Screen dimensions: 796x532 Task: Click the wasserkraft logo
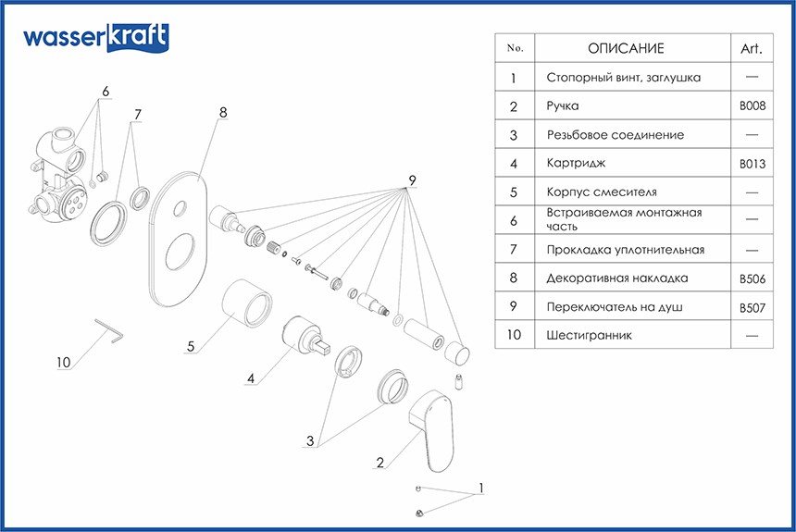coord(96,38)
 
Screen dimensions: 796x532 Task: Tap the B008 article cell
coord(752,106)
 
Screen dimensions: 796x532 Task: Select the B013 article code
coord(752,164)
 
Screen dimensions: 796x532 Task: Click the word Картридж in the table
coord(576,164)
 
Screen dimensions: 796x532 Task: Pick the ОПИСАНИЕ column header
coord(626,48)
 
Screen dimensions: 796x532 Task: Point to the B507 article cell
coord(752,307)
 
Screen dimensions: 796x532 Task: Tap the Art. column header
coord(752,49)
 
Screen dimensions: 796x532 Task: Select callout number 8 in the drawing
coord(223,112)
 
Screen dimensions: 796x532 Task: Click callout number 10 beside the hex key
coord(63,362)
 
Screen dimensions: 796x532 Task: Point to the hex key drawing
coord(109,330)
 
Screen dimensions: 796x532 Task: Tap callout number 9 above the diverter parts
coord(412,180)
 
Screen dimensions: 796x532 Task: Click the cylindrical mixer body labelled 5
coord(247,303)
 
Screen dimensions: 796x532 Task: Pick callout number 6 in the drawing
coord(106,92)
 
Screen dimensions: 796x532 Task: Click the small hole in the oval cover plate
coord(180,208)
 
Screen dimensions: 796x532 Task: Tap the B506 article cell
coord(752,278)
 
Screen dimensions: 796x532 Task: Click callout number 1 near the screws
coord(480,488)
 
